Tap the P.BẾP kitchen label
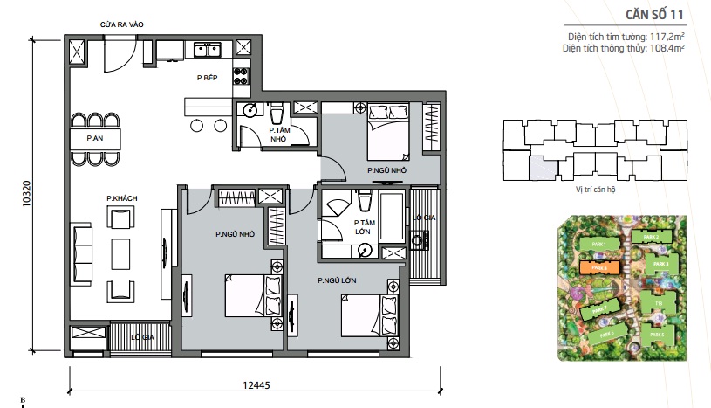pos(206,79)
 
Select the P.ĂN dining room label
pos(95,138)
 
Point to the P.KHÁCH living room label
pos(120,198)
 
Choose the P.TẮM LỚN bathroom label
pos(365,227)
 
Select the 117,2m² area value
pos(666,37)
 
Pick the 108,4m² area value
pos(667,48)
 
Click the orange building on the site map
pos(600,269)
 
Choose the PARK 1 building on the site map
pos(598,243)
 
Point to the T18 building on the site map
pos(659,305)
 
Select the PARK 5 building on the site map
pos(656,334)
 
